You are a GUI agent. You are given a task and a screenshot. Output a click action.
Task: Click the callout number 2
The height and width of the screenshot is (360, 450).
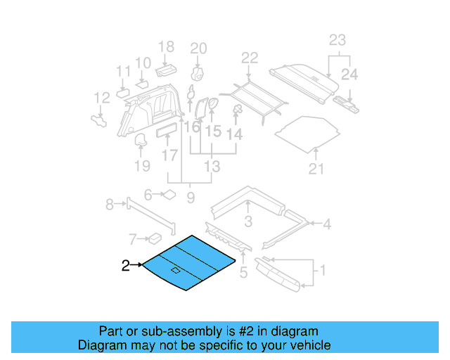125,265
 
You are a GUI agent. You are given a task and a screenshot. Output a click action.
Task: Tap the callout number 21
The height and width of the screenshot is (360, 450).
316,169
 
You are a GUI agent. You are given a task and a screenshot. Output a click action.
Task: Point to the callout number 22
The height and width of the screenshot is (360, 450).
250,58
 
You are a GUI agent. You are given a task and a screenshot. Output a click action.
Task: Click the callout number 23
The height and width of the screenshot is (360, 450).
337,40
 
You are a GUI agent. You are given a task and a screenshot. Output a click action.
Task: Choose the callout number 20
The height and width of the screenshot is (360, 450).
199,49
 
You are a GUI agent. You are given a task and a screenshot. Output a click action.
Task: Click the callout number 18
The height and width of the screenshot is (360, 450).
166,47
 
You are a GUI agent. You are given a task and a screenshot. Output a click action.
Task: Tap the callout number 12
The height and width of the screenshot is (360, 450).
102,98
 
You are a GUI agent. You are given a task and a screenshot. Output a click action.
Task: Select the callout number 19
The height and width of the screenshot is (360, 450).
143,166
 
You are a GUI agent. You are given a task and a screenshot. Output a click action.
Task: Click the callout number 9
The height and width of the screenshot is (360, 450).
190,199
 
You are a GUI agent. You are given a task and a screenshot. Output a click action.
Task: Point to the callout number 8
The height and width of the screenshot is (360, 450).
110,204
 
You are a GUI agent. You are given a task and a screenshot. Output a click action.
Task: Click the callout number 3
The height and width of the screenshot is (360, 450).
248,223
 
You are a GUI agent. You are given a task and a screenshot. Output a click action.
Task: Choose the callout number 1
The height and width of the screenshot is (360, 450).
323,270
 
